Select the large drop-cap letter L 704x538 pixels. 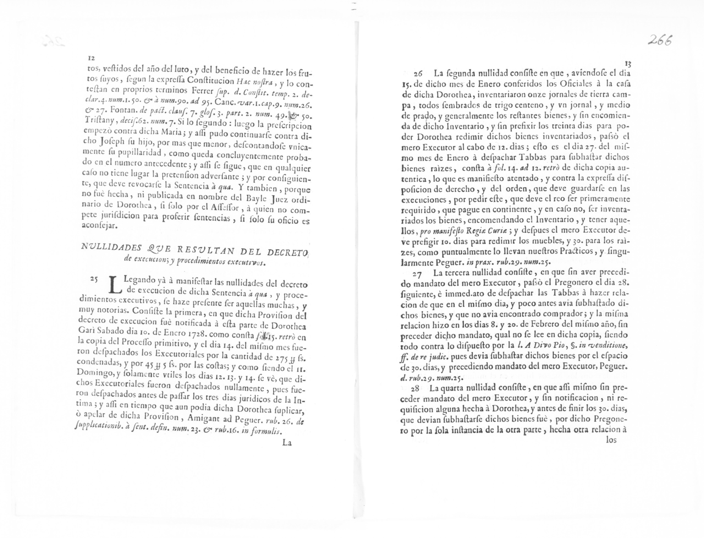tap(116, 285)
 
